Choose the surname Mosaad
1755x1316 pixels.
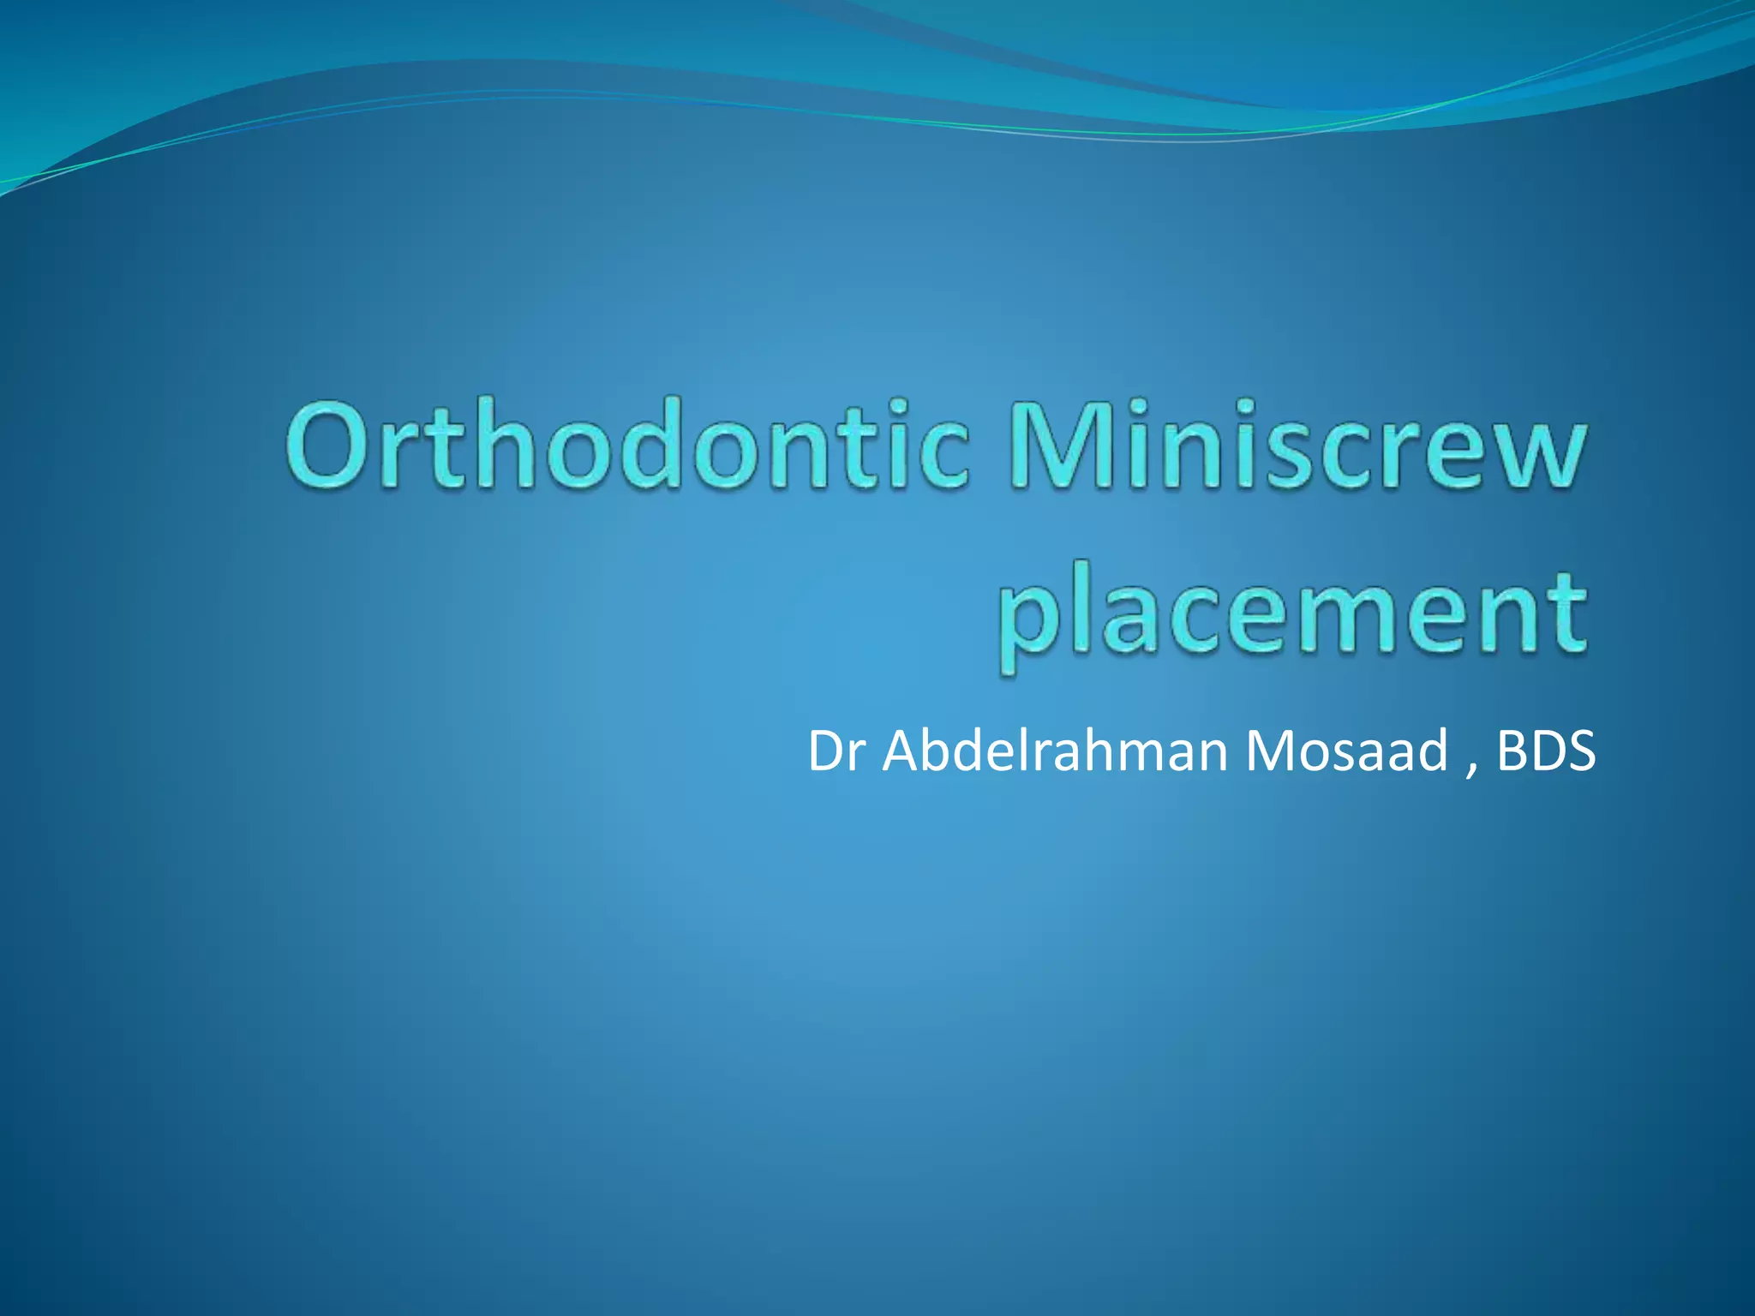(1345, 751)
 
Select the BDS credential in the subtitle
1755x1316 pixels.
(1546, 751)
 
